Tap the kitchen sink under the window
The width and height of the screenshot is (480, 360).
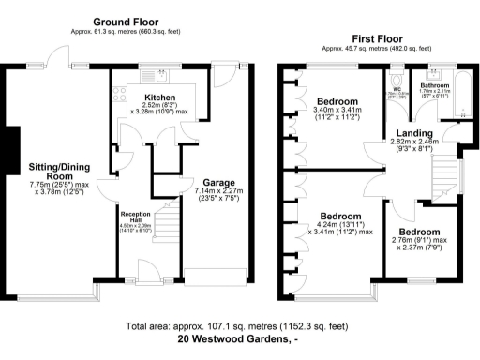coord(161,74)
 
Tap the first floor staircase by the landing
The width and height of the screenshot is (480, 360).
coord(445,173)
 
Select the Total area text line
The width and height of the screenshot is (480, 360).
coord(239,326)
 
